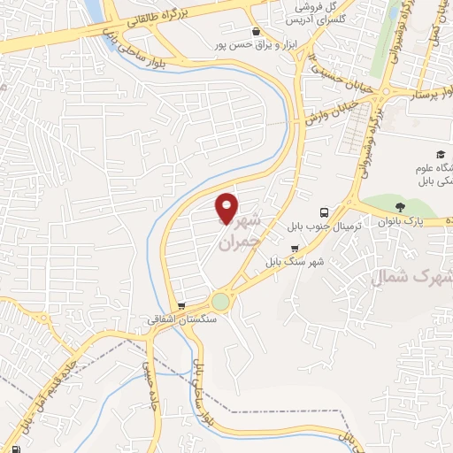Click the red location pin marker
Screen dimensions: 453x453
(x=227, y=208)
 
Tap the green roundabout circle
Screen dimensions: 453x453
(x=220, y=302)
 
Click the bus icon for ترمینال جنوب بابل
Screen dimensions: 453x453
(x=326, y=212)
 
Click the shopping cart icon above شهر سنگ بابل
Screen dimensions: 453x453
(x=294, y=249)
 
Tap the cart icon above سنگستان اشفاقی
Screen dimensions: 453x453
(x=181, y=306)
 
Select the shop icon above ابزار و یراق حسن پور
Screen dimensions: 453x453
(x=256, y=32)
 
